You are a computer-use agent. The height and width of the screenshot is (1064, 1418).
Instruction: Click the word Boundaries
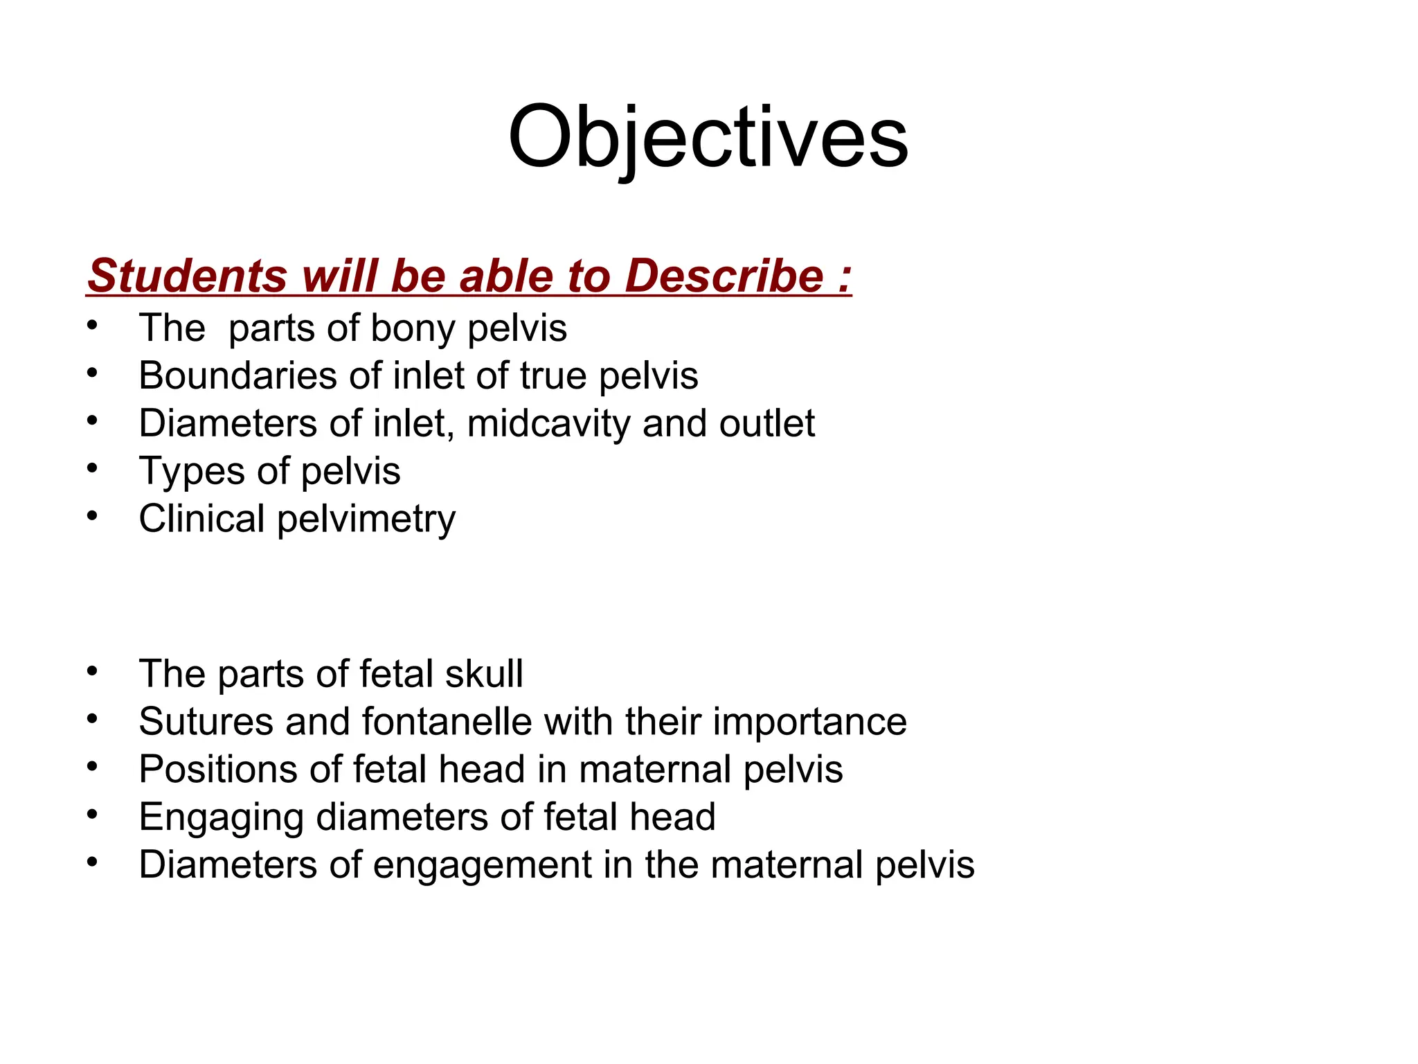(237, 375)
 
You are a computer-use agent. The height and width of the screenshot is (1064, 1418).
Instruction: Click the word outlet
(766, 423)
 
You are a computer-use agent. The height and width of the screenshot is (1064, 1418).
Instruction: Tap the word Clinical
(201, 519)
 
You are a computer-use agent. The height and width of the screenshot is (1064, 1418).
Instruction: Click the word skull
(484, 673)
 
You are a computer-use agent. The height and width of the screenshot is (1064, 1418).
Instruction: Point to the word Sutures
(206, 721)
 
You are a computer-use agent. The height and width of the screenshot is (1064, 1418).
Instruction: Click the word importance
(809, 722)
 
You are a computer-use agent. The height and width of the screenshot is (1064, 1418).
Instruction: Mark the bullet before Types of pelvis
(93, 469)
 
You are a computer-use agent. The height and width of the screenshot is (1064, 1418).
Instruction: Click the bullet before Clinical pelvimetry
(93, 517)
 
